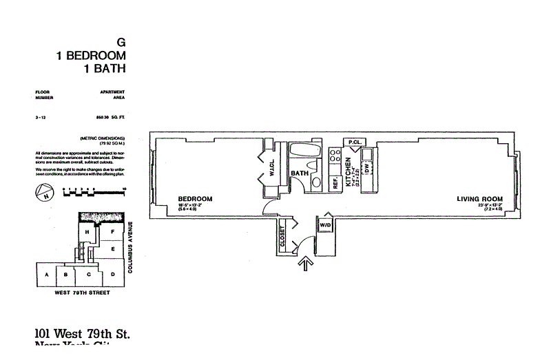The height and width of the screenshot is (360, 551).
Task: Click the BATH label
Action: [299, 173]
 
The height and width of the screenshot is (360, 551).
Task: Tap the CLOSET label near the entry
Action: [282, 236]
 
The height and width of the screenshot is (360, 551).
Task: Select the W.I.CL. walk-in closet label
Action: [273, 168]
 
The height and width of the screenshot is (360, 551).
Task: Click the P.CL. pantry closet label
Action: [355, 142]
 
